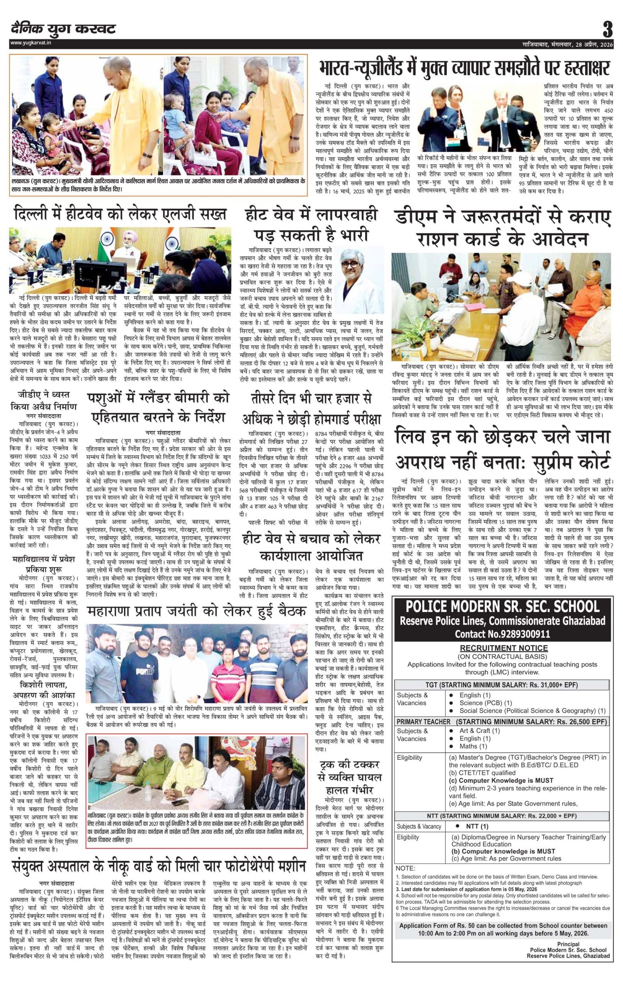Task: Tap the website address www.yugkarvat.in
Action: [32, 43]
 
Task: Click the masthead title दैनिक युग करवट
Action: [63, 29]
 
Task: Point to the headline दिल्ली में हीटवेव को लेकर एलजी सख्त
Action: [120, 214]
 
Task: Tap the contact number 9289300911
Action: [502, 634]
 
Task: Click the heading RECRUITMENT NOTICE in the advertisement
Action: [502, 648]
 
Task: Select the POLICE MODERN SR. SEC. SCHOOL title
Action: [502, 607]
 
